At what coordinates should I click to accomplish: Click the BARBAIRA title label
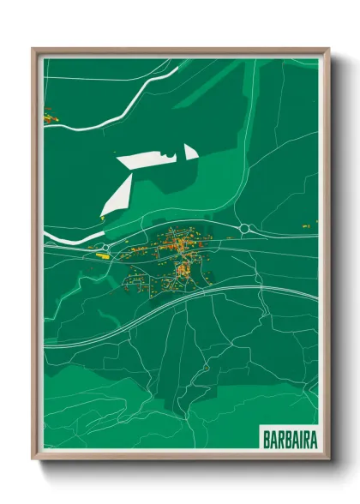[x=285, y=440]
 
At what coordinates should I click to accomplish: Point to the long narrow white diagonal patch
[x=117, y=196]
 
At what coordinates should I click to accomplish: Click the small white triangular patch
[x=190, y=152]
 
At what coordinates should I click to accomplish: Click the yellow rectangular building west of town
[x=102, y=254]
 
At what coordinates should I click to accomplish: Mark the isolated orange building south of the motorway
[x=207, y=369]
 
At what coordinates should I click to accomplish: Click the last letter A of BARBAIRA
[x=312, y=440]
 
